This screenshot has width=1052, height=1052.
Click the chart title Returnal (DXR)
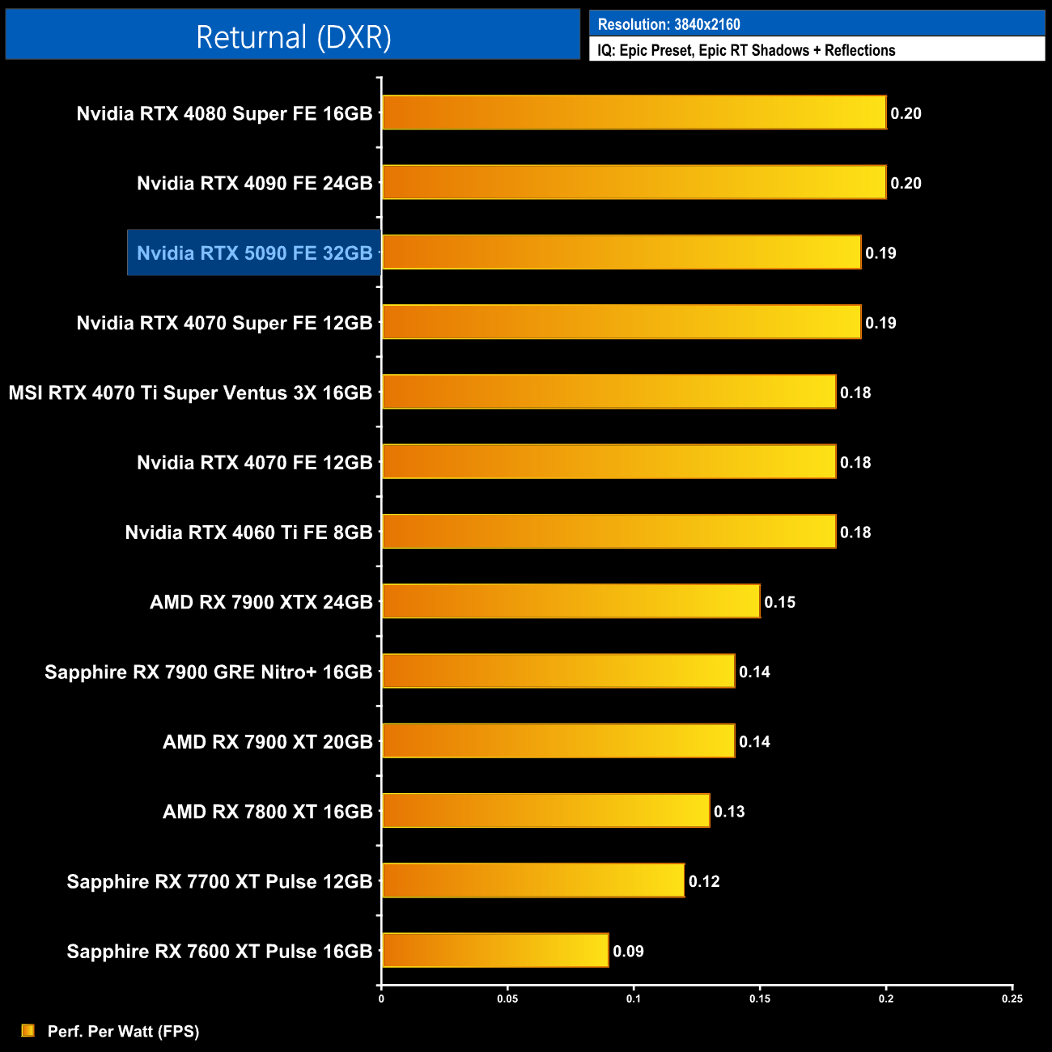(293, 37)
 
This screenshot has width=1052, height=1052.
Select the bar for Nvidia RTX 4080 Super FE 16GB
(634, 112)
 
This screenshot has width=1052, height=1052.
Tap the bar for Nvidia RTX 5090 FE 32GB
(621, 252)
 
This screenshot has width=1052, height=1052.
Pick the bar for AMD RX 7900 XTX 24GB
(571, 601)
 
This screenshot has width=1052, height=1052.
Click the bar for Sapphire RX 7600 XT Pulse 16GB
(494, 950)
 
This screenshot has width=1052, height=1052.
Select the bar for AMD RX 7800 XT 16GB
(545, 811)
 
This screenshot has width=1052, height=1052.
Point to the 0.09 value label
(628, 951)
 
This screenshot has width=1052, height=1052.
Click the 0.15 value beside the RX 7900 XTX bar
(779, 602)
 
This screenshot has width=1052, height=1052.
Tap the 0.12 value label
(704, 881)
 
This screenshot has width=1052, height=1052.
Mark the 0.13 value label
(729, 812)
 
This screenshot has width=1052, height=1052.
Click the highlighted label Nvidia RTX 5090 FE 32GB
(254, 253)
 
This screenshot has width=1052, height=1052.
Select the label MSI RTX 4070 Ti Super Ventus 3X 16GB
(190, 393)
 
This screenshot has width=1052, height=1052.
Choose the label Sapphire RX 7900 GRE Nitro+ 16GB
(208, 672)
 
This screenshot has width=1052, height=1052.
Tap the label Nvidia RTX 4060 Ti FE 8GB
(248, 532)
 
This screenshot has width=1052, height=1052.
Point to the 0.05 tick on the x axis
(507, 999)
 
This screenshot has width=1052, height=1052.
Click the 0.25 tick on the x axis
(1012, 999)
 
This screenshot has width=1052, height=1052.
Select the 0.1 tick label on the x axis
(634, 999)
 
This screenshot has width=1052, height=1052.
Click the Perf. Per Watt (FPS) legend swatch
(28, 1030)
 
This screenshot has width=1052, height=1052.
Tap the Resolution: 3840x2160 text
(668, 24)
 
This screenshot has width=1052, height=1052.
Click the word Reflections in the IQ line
(859, 50)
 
